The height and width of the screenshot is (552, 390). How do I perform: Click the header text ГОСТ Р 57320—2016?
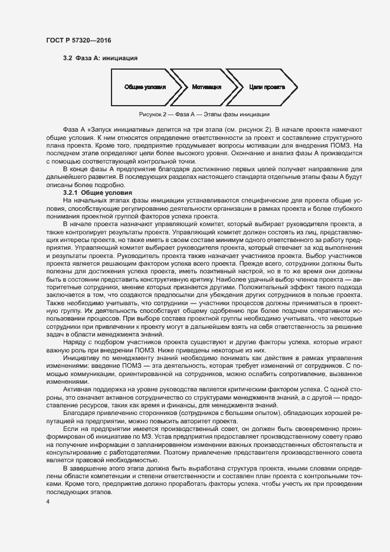pos(78,40)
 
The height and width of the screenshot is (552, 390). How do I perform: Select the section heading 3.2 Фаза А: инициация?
pos(100,58)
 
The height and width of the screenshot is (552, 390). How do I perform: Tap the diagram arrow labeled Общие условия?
pos(145,87)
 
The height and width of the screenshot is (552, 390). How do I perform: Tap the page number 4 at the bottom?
pos(47,502)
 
